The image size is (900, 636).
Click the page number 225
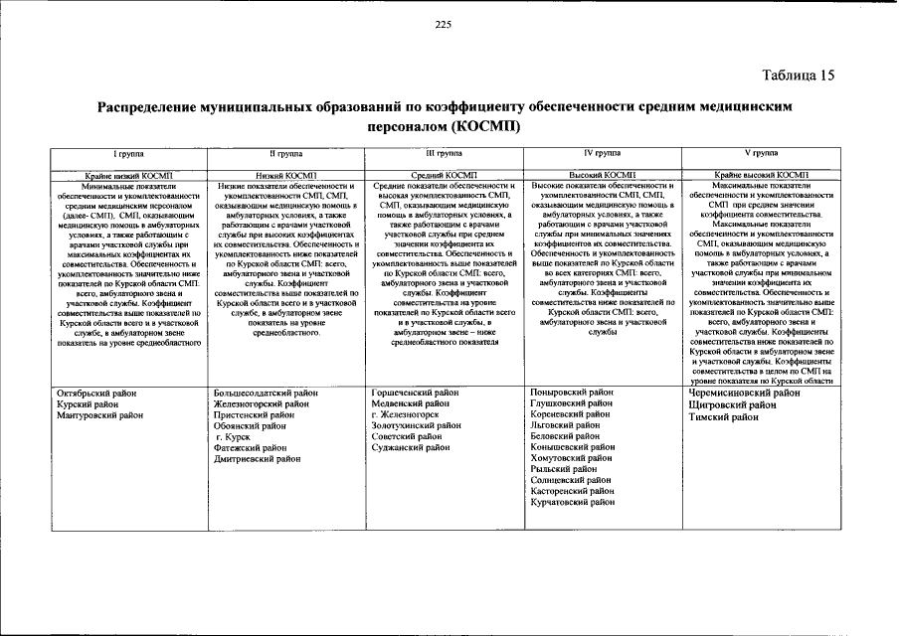point(444,25)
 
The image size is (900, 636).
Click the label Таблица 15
point(799,76)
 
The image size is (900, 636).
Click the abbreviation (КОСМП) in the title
point(484,128)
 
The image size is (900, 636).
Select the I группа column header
point(131,154)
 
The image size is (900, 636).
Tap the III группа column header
point(444,154)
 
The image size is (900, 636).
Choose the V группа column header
point(760,154)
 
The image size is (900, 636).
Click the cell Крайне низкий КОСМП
point(131,174)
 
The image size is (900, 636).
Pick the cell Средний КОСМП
point(444,174)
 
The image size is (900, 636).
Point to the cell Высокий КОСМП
point(601,174)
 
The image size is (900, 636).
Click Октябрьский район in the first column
point(96,394)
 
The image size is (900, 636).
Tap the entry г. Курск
point(234,437)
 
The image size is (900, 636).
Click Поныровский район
point(573,393)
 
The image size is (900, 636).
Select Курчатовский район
point(574,503)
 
